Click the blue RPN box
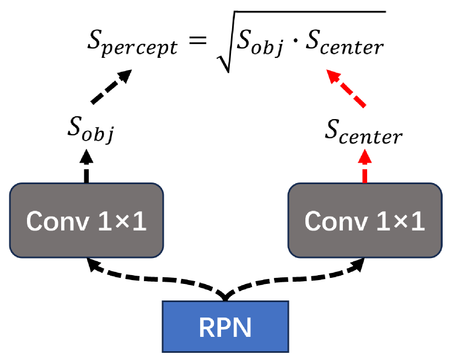(x=225, y=326)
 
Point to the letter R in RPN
(x=207, y=328)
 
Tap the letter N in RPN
(x=243, y=328)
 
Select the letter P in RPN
(x=224, y=328)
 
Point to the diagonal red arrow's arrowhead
(x=332, y=75)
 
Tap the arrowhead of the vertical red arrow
(x=364, y=155)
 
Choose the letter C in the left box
(x=35, y=222)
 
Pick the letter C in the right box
(x=313, y=222)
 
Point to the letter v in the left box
(x=83, y=223)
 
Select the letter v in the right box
(x=361, y=223)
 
